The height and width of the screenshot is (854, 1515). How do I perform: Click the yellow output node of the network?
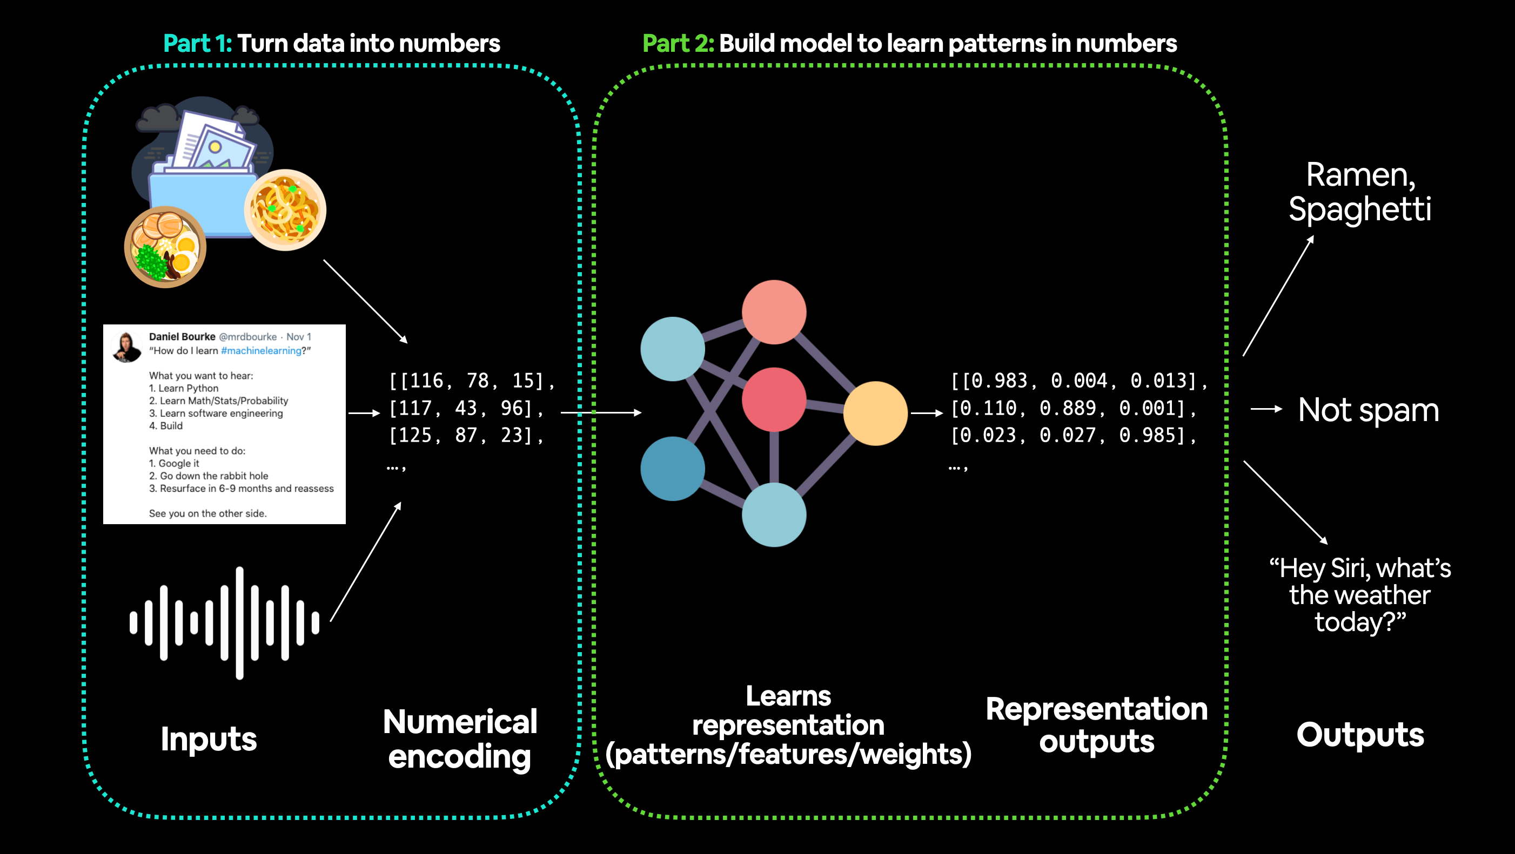click(x=875, y=413)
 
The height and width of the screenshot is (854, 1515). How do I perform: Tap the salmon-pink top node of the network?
click(x=774, y=312)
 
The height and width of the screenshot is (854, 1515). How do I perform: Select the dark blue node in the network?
click(x=672, y=469)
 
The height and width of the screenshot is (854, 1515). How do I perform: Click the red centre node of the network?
click(x=774, y=399)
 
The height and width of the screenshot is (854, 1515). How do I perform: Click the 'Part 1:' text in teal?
click(x=198, y=44)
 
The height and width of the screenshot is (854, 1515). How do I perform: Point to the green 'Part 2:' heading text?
click(x=678, y=44)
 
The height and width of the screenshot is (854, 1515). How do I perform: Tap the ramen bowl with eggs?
click(x=165, y=247)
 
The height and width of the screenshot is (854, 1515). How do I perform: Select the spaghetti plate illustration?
click(x=285, y=210)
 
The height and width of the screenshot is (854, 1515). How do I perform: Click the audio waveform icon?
click(x=225, y=623)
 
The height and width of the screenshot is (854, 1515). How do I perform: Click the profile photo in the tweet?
click(x=126, y=347)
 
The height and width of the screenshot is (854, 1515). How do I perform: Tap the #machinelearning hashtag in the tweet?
click(x=261, y=351)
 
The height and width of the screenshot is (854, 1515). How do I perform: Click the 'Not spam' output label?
click(x=1368, y=410)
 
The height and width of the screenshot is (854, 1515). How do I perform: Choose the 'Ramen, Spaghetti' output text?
click(x=1360, y=192)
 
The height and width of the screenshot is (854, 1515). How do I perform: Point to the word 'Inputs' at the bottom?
click(x=209, y=739)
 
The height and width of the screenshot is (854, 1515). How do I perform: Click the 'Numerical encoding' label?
click(x=460, y=739)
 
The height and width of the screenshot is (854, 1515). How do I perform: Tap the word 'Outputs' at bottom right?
click(x=1360, y=735)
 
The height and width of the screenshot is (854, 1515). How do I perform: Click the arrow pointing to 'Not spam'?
click(x=1266, y=409)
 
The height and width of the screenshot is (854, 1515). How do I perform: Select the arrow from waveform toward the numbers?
click(x=366, y=561)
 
